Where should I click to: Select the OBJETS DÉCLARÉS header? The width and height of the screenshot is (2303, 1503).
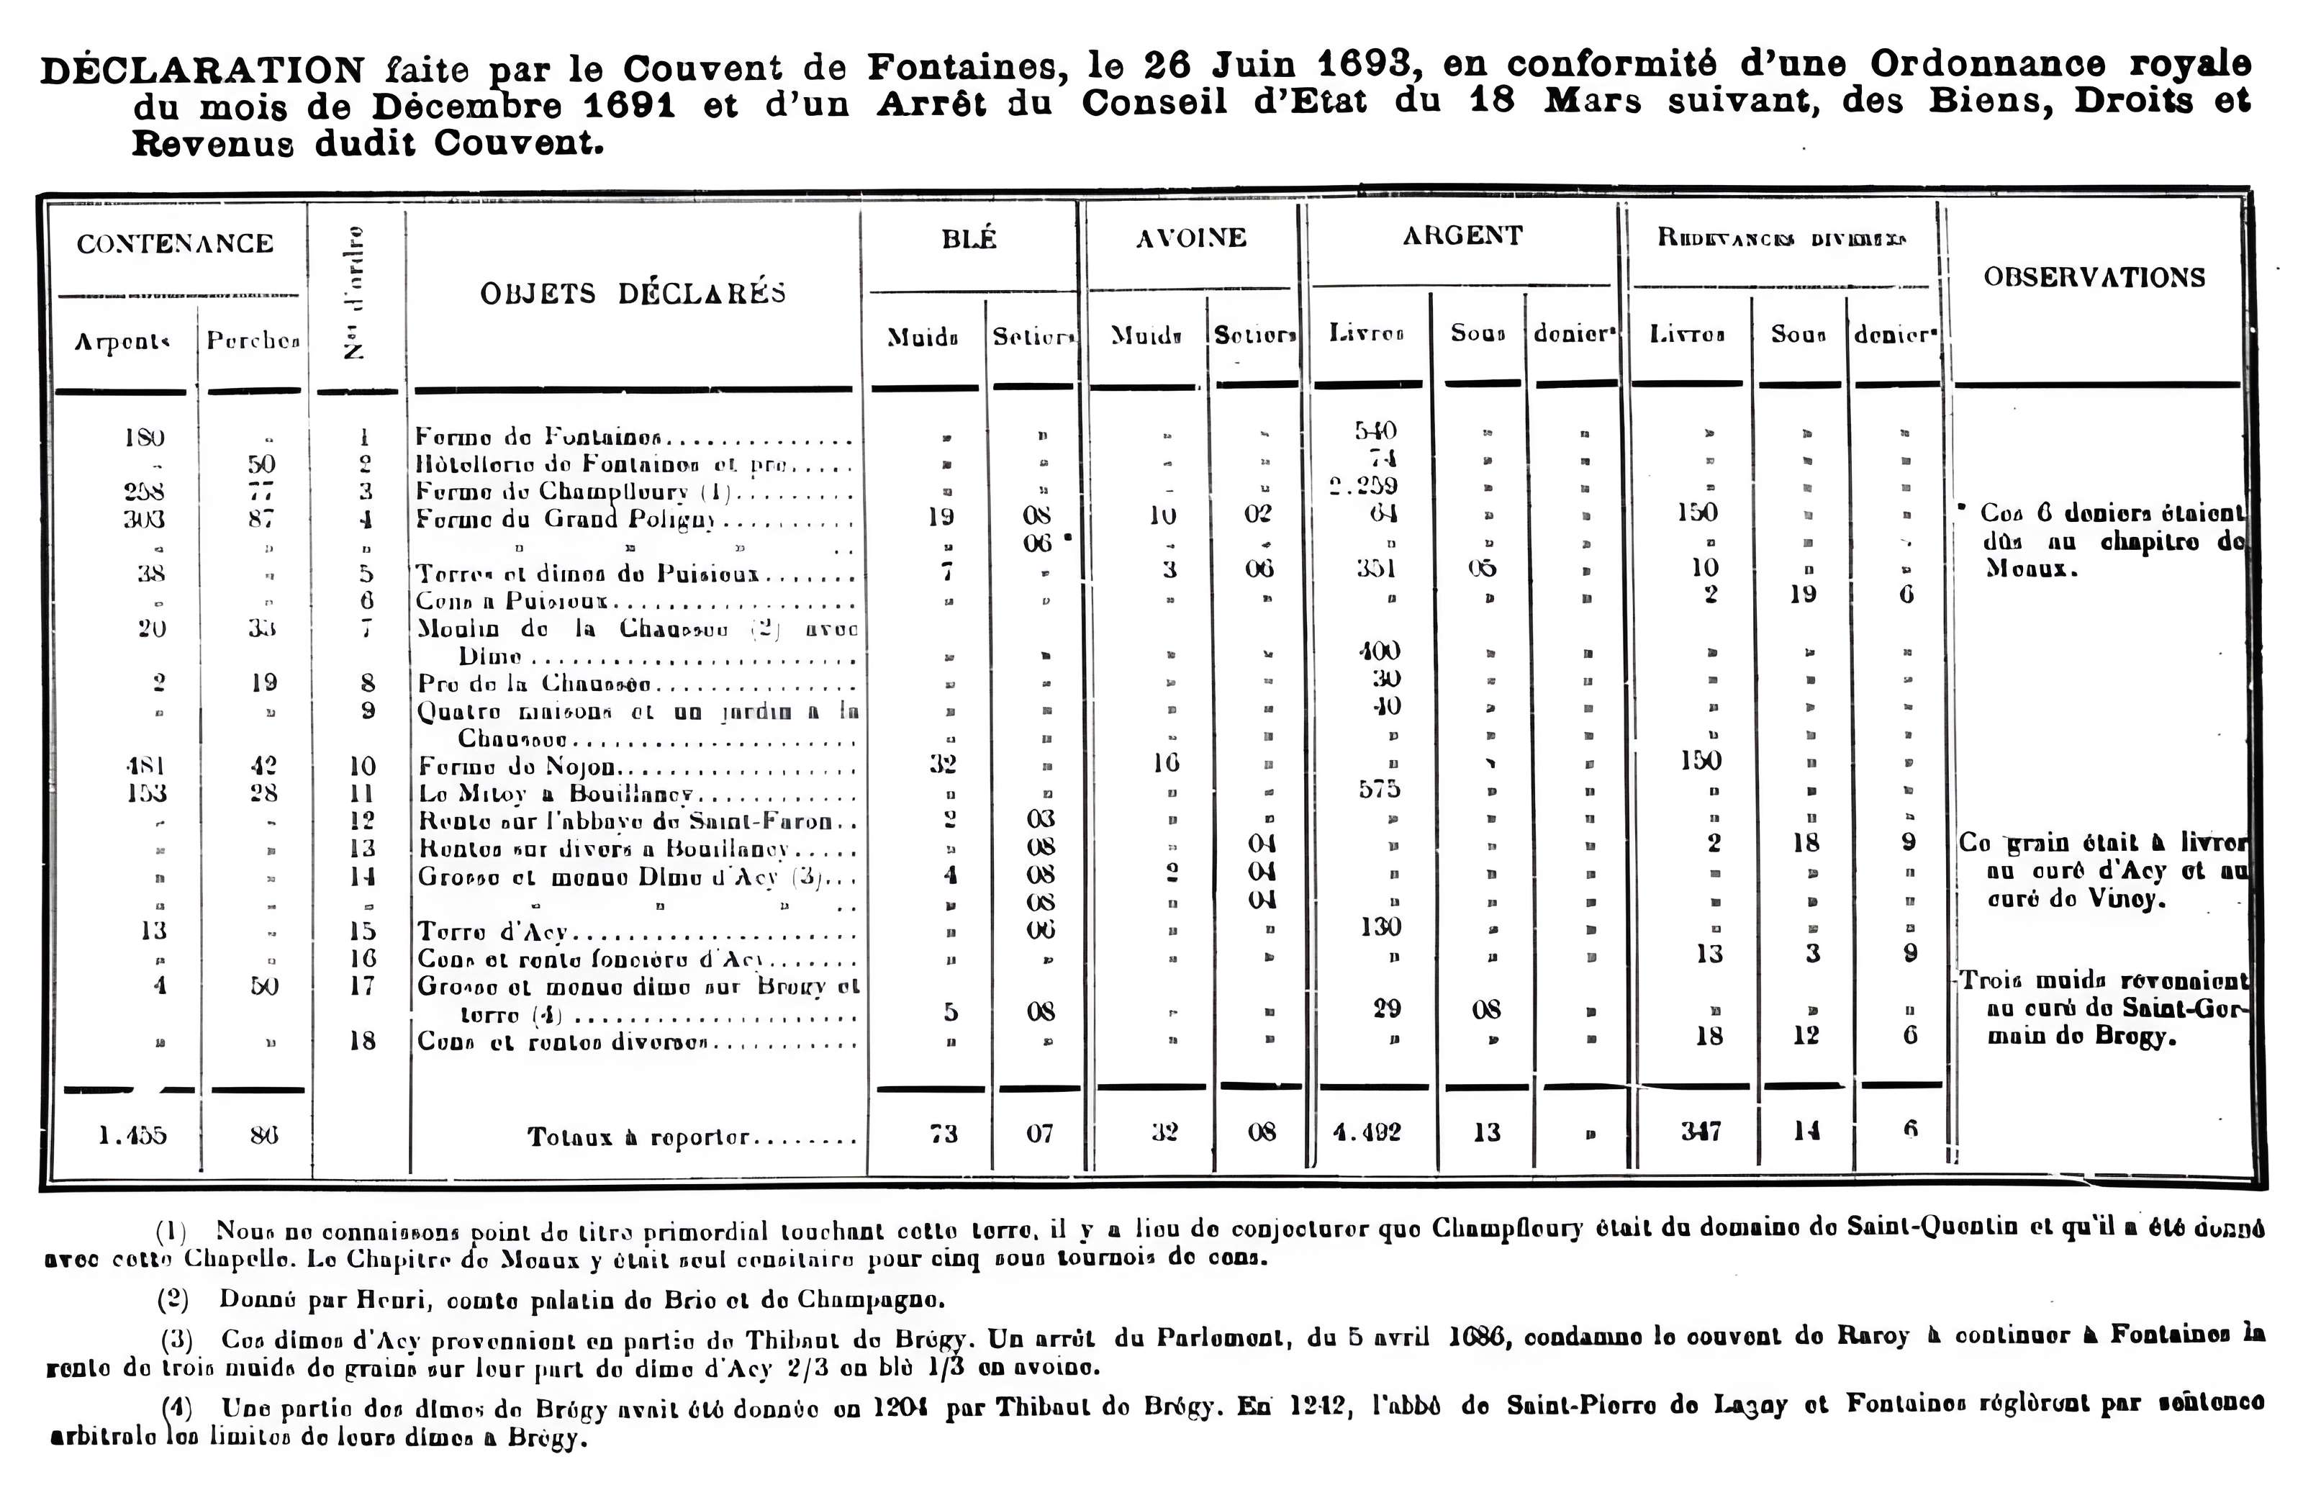click(633, 292)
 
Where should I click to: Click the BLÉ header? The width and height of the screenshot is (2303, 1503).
click(969, 239)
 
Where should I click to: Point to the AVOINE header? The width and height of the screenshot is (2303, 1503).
click(1190, 238)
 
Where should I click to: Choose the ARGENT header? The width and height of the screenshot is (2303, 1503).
click(1462, 235)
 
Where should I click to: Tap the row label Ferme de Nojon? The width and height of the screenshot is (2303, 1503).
click(516, 767)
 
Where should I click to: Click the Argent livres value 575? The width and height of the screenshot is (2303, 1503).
click(1379, 790)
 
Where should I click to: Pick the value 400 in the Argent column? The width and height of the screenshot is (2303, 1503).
click(1378, 651)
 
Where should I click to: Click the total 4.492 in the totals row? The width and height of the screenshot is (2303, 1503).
click(1366, 1132)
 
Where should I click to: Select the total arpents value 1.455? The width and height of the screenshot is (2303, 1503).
click(132, 1134)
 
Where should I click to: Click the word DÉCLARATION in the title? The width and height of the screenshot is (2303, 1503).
click(202, 70)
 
